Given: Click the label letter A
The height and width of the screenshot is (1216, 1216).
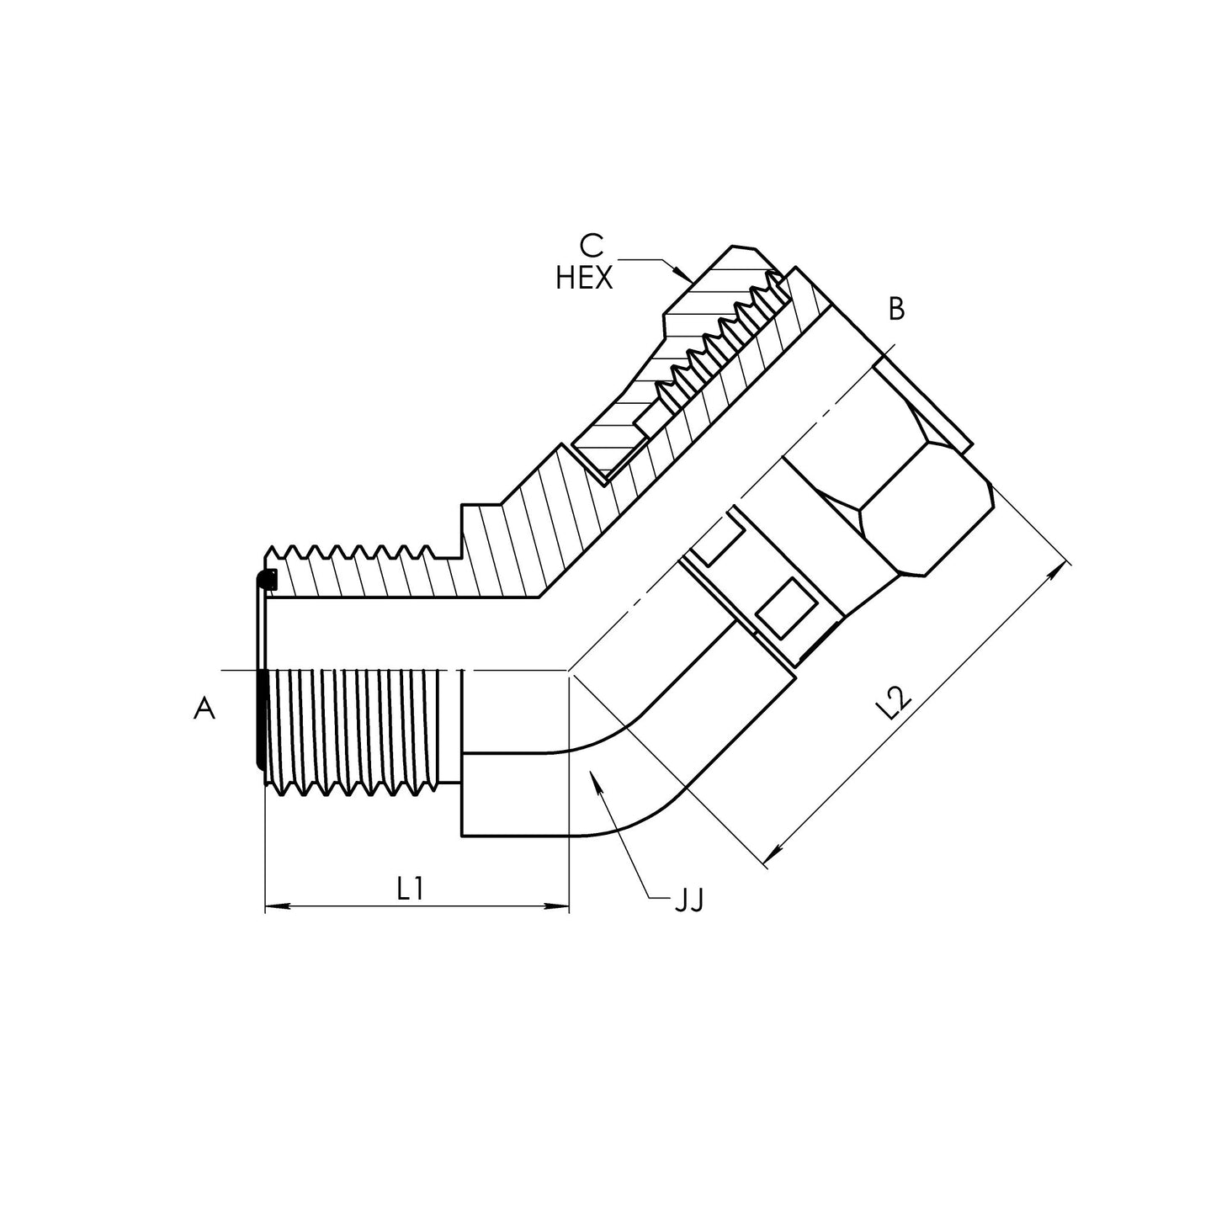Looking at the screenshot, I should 204,709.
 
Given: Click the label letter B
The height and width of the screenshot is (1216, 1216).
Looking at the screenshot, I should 896,310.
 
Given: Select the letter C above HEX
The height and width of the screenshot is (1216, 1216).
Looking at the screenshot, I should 592,246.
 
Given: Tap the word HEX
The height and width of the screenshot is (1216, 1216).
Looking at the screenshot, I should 584,279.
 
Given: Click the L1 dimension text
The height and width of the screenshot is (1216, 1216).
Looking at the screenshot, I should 410,889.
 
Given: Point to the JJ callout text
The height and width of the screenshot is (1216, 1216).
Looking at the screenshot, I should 688,901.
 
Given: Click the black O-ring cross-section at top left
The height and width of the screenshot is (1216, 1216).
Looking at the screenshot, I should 268,580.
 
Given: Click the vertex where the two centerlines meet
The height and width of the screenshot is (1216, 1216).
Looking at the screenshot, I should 570,671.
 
